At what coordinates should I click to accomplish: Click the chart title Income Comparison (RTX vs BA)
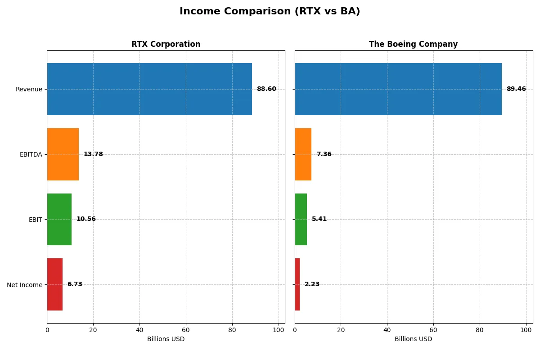pyautogui.click(x=270, y=12)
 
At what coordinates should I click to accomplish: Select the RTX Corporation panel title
pyautogui.click(x=166, y=44)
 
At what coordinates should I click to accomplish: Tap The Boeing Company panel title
pyautogui.click(x=413, y=44)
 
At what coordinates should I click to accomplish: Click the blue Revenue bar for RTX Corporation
pyautogui.click(x=149, y=89)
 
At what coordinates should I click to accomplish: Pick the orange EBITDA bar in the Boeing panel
pyautogui.click(x=303, y=154)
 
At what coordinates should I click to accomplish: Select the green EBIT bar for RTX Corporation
pyautogui.click(x=59, y=220)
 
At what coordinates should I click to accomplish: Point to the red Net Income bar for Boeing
pyautogui.click(x=297, y=284)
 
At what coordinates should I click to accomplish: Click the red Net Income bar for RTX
pyautogui.click(x=54, y=284)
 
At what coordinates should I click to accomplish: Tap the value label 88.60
pyautogui.click(x=266, y=89)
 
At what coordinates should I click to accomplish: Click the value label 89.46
pyautogui.click(x=516, y=89)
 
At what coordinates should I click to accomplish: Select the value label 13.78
pyautogui.click(x=93, y=154)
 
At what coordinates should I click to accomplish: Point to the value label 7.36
pyautogui.click(x=324, y=154)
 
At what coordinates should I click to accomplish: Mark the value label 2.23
pyautogui.click(x=312, y=284)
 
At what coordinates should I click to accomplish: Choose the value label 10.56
pyautogui.click(x=86, y=220)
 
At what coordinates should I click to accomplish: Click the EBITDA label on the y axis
pyautogui.click(x=31, y=154)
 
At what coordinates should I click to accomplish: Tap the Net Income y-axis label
pyautogui.click(x=25, y=285)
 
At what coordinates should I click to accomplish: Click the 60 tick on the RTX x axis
pyautogui.click(x=186, y=329)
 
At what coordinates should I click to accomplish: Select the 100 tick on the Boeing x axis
pyautogui.click(x=526, y=329)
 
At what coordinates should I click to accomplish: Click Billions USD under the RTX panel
pyautogui.click(x=166, y=339)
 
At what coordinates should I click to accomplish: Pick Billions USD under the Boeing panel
pyautogui.click(x=413, y=339)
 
